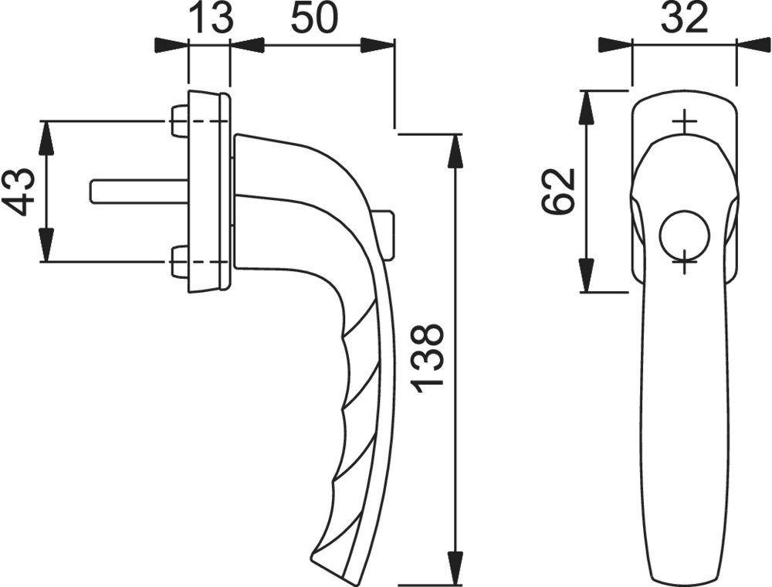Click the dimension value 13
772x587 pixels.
click(x=210, y=19)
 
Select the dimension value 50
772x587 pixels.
click(x=314, y=19)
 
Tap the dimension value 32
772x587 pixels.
click(x=684, y=18)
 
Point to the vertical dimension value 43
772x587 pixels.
click(x=21, y=192)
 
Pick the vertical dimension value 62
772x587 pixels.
click(x=558, y=192)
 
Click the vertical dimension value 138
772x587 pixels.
click(x=428, y=359)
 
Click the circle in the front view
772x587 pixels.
click(x=684, y=235)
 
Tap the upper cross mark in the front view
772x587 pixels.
click(x=684, y=121)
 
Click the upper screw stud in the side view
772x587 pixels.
click(x=179, y=120)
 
